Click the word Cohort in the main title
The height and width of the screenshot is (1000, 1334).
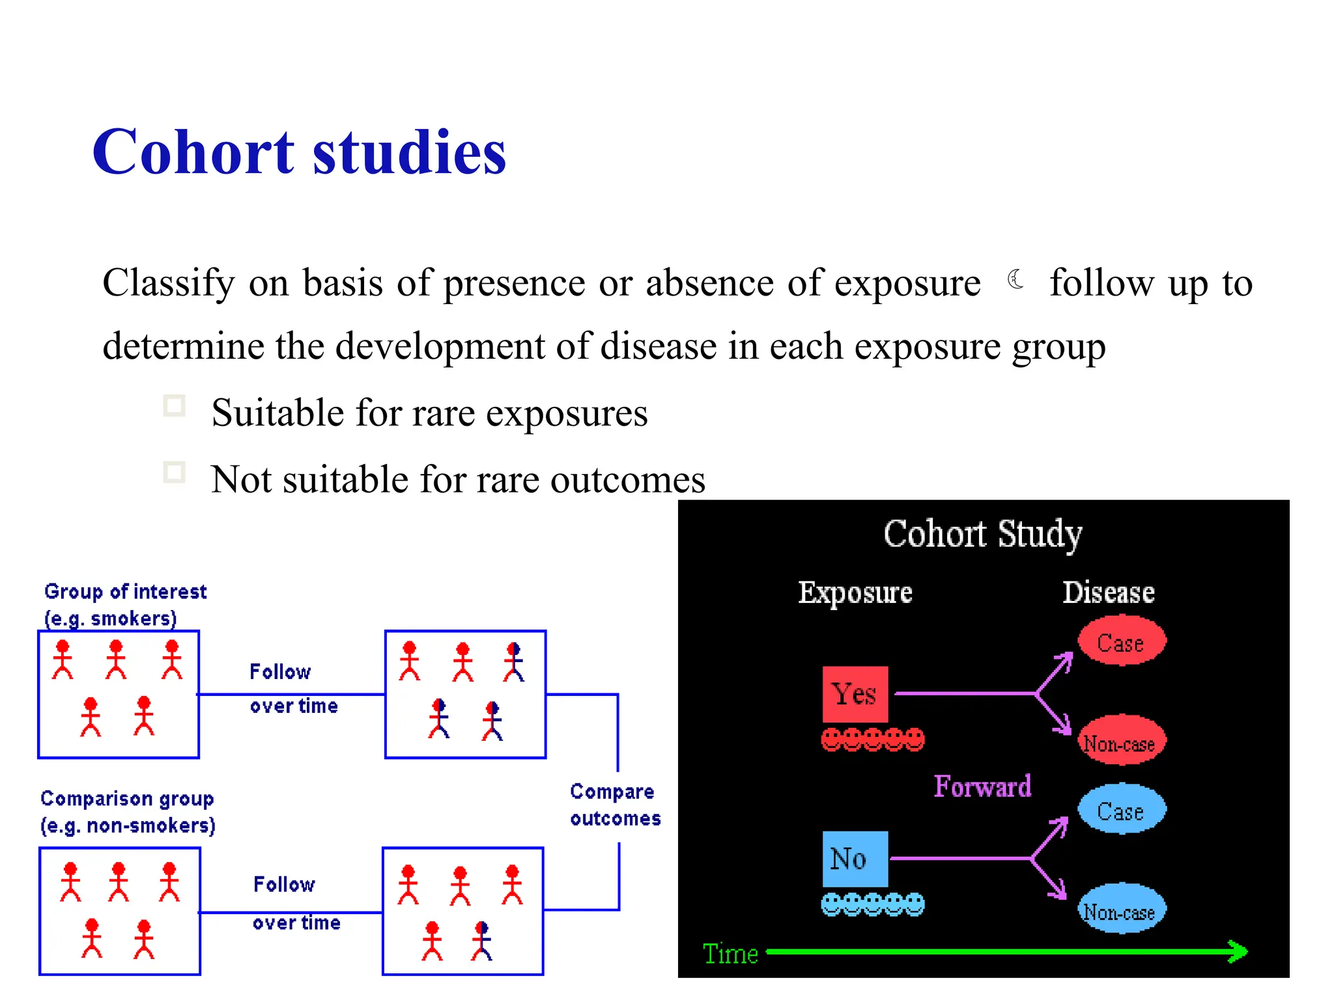(x=193, y=152)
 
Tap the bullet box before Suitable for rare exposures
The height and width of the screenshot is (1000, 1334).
(x=174, y=406)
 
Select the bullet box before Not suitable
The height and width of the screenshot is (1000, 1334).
(x=174, y=472)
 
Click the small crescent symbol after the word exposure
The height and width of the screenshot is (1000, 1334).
(x=1015, y=280)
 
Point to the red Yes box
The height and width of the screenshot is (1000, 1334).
(x=855, y=694)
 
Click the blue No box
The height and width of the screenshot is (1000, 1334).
(x=855, y=859)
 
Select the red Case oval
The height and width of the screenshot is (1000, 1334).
(x=1121, y=641)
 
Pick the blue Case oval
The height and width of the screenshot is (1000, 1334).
(x=1121, y=809)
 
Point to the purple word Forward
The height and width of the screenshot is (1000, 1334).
(x=982, y=786)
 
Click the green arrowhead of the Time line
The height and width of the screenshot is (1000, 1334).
(x=1237, y=951)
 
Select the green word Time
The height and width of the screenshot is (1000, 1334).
(x=730, y=954)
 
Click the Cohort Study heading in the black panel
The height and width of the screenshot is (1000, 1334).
(x=982, y=534)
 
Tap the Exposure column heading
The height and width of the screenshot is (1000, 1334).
(x=855, y=592)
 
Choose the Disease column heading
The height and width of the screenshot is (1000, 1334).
(x=1108, y=592)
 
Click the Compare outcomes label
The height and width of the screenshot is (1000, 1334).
(x=614, y=805)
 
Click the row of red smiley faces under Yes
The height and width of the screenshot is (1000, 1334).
(x=872, y=740)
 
